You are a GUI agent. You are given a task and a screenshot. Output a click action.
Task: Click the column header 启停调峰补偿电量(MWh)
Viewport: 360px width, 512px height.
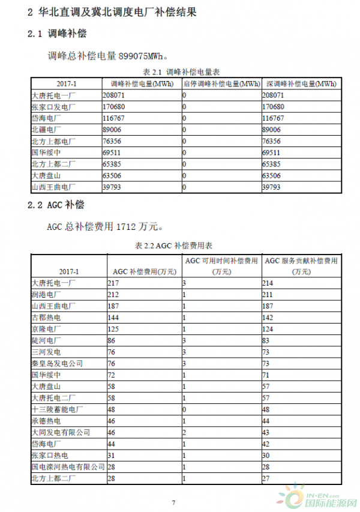point(221,83)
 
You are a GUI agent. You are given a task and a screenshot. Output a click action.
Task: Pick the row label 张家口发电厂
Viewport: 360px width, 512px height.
point(53,107)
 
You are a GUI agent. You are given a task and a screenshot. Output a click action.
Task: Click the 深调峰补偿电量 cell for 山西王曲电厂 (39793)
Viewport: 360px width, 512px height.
point(272,187)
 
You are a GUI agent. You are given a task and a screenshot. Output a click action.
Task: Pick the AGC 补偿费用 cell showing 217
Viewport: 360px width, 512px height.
point(115,282)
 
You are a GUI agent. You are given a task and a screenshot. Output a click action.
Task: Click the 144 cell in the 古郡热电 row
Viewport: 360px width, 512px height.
point(115,318)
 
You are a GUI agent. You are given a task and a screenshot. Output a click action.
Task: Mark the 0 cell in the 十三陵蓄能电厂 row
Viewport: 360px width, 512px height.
point(185,409)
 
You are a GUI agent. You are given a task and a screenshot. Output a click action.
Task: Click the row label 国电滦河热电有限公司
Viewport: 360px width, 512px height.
point(64,466)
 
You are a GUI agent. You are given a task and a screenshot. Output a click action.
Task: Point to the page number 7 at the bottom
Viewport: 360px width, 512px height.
point(173,502)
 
